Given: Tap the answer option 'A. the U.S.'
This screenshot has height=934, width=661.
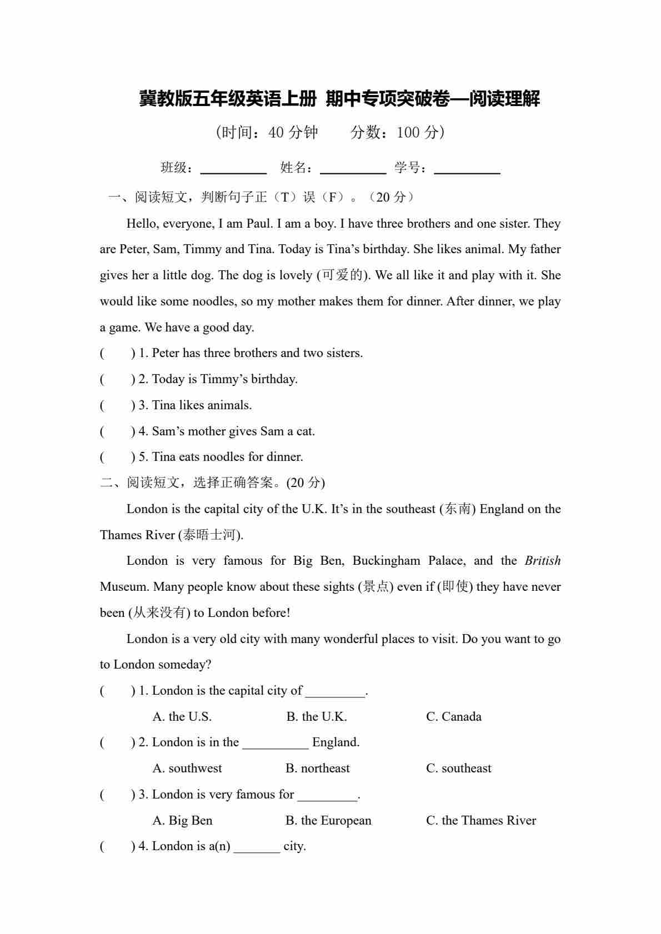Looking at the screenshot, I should [x=182, y=717].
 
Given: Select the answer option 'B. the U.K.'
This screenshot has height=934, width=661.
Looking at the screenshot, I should [x=317, y=717].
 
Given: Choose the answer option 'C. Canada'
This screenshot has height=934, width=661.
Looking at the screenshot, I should [x=454, y=717].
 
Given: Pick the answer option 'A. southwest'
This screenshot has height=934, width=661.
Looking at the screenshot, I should [x=187, y=769].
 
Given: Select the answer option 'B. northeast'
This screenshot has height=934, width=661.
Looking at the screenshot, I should [x=318, y=769].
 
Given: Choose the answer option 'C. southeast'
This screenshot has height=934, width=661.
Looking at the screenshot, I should [x=459, y=769].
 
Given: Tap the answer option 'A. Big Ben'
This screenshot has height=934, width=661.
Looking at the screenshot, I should [x=183, y=821].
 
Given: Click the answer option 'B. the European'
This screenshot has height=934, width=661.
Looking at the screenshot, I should [x=328, y=821].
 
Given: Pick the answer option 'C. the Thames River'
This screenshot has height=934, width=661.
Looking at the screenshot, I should [x=481, y=821].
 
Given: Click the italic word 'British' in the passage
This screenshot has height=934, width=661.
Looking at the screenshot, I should [x=543, y=561].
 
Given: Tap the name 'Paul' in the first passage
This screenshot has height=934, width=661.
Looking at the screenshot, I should [x=259, y=224].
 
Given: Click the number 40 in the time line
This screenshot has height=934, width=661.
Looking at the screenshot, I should [x=276, y=133].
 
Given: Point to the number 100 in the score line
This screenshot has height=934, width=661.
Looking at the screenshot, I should [x=408, y=133].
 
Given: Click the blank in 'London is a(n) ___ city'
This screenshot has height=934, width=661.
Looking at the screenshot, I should [x=257, y=847].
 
